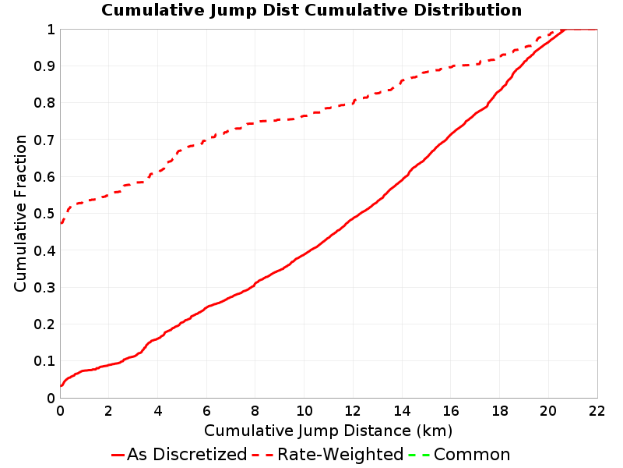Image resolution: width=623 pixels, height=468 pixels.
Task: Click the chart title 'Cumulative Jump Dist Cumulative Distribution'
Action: tap(311, 10)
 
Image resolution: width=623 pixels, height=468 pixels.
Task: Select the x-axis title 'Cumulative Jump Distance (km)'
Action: tap(328, 431)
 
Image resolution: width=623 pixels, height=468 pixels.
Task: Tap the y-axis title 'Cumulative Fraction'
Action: tap(20, 213)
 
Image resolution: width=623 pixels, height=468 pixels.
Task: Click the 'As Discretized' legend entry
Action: tap(179, 454)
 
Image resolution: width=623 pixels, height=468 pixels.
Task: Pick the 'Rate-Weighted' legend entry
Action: tap(328, 454)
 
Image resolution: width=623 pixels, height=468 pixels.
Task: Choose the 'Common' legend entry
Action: tap(459, 454)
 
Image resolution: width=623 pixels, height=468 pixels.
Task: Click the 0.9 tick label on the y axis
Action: tap(44, 66)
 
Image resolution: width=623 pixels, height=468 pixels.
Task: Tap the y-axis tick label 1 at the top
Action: tap(51, 29)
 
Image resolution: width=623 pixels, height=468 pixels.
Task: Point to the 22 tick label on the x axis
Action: tap(597, 411)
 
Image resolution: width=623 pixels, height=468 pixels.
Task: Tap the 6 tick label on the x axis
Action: tap(206, 411)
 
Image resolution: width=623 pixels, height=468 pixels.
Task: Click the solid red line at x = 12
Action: tap(353, 218)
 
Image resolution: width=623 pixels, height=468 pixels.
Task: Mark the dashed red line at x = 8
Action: tap(255, 123)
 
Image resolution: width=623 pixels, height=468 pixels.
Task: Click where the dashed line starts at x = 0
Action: tap(61, 223)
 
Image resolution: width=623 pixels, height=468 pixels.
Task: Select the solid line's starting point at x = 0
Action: tap(61, 385)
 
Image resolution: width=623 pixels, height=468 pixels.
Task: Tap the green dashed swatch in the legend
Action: tap(419, 455)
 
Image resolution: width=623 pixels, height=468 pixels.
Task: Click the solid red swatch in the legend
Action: tap(118, 455)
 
